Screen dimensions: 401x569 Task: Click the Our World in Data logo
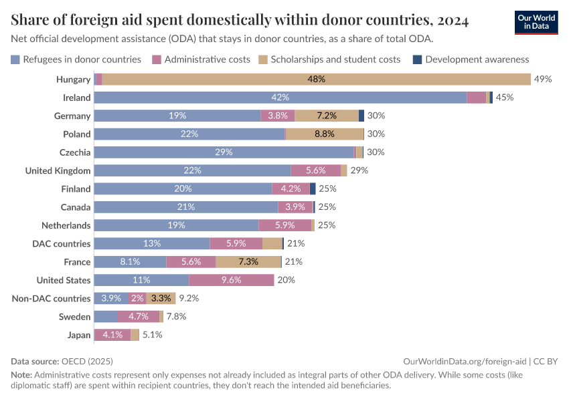(x=536, y=22)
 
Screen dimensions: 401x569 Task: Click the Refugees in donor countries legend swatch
(x=15, y=59)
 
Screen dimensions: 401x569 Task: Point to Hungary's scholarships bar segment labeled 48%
(x=316, y=80)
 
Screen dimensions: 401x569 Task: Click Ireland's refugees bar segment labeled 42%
(x=280, y=98)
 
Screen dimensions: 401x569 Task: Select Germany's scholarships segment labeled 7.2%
(x=327, y=116)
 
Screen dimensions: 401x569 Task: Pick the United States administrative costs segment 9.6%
(x=231, y=280)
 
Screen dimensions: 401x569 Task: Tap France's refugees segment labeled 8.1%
(x=130, y=262)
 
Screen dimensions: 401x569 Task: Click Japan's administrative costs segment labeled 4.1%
(x=112, y=335)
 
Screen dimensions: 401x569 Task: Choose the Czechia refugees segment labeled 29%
(x=224, y=152)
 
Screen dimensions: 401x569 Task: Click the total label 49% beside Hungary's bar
(x=542, y=80)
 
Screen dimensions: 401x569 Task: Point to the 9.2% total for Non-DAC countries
(x=189, y=299)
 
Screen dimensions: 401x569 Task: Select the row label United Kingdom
(x=58, y=170)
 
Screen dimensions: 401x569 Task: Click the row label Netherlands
(x=66, y=225)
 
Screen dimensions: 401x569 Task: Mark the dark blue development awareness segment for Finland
(x=313, y=189)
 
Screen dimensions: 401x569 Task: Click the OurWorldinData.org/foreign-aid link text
(x=465, y=361)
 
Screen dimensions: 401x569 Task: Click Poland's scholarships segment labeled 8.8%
(x=324, y=134)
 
